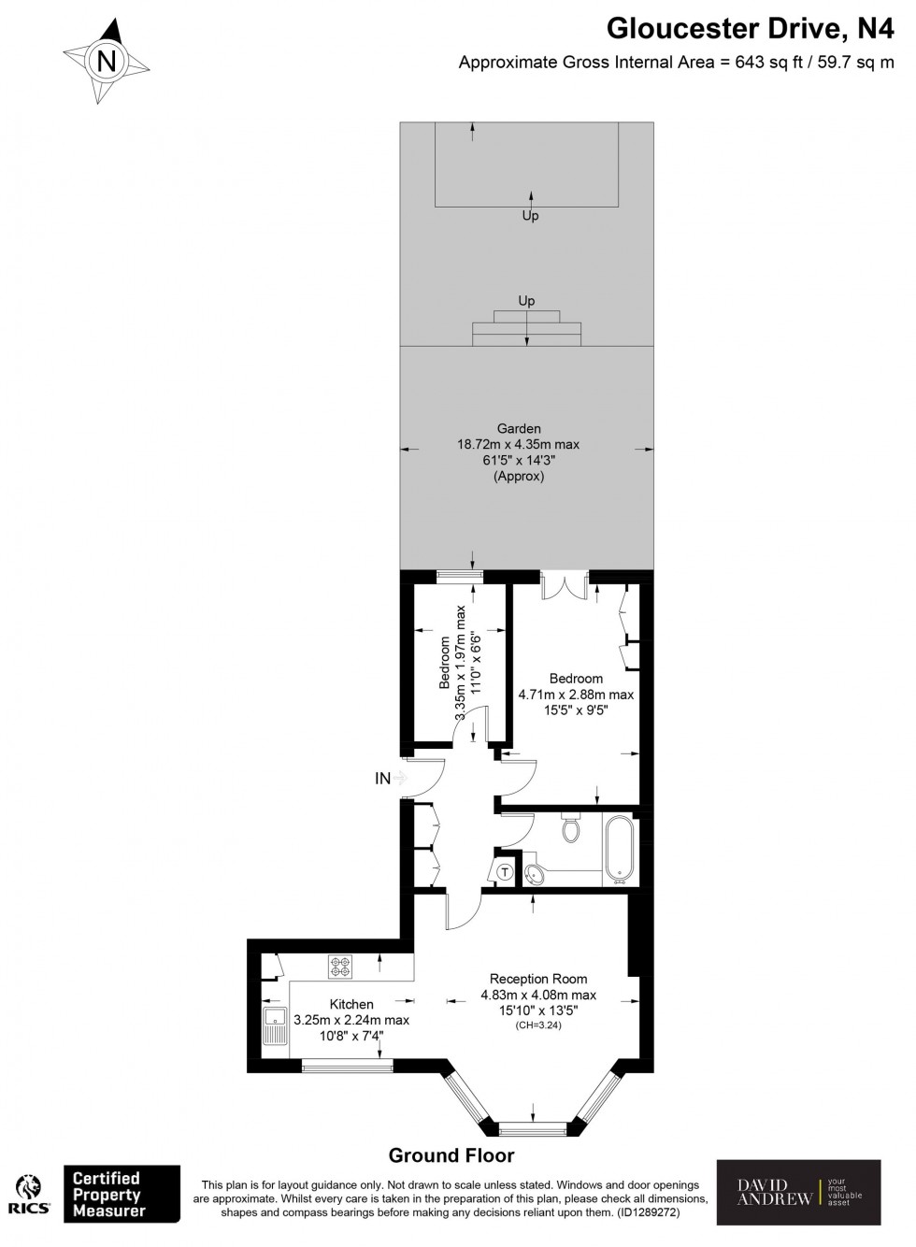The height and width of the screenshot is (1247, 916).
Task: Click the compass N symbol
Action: [107, 63]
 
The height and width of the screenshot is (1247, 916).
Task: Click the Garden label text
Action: [519, 429]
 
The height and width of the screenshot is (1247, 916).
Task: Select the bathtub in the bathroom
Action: [619, 849]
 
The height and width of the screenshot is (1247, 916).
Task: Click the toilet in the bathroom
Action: [572, 827]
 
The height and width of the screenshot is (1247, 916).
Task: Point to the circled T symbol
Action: [505, 872]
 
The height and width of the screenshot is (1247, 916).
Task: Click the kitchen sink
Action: [276, 1025]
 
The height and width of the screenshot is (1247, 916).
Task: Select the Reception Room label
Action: [537, 979]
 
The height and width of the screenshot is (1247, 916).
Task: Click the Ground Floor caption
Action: [451, 1155]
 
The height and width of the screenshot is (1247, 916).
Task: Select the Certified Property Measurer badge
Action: [121, 1194]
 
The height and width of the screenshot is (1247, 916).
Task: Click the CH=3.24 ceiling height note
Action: [537, 1025]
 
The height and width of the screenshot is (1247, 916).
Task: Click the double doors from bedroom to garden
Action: [565, 585]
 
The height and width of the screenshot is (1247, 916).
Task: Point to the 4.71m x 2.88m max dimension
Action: [576, 695]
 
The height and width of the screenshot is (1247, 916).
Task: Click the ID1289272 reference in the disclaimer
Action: [646, 1212]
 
